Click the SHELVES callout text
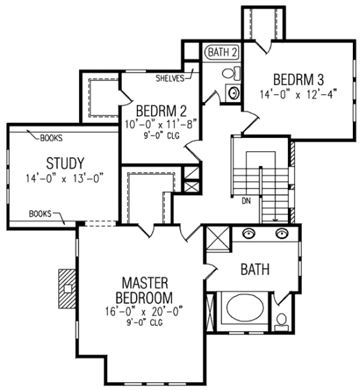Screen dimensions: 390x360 point(171,78)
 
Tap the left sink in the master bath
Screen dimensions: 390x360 point(249,233)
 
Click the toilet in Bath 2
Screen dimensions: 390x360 point(232,73)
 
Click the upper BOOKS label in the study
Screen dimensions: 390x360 point(52,139)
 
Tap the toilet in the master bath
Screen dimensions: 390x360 point(281,320)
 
